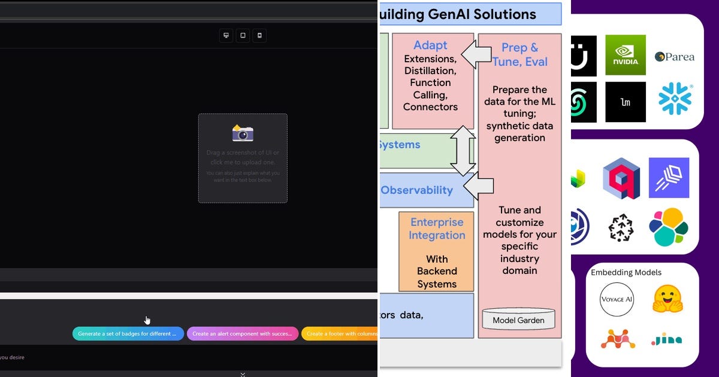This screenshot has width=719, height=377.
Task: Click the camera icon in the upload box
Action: click(x=243, y=133)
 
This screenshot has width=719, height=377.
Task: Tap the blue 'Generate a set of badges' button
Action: click(x=128, y=334)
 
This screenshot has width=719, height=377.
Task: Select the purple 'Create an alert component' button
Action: click(x=242, y=334)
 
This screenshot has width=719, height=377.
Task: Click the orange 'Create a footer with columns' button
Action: click(x=340, y=334)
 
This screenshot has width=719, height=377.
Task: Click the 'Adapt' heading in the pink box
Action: click(x=430, y=45)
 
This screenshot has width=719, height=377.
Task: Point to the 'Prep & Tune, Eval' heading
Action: click(x=519, y=54)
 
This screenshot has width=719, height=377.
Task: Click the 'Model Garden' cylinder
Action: click(x=518, y=320)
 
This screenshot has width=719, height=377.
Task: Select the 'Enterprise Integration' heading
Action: click(x=437, y=229)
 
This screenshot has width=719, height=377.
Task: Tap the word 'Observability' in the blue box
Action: click(x=416, y=190)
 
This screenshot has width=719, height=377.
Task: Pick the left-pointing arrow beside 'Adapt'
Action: click(x=476, y=54)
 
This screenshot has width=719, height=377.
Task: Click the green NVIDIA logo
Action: click(x=626, y=55)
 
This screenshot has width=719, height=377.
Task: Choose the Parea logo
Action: click(x=675, y=57)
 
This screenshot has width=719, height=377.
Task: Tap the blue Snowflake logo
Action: click(x=675, y=99)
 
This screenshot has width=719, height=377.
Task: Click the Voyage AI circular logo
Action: click(x=617, y=299)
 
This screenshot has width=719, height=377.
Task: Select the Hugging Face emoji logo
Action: click(x=667, y=299)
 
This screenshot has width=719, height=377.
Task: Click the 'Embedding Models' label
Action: click(x=626, y=272)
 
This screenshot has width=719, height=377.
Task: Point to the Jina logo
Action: click(x=667, y=340)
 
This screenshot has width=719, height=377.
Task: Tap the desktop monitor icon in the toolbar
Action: click(x=226, y=35)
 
